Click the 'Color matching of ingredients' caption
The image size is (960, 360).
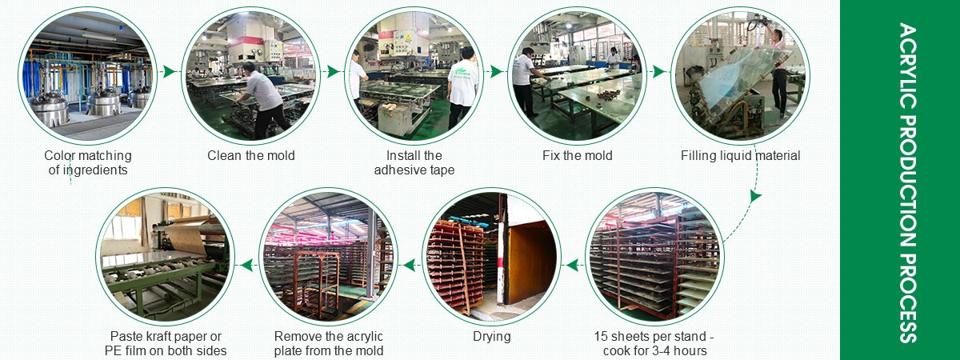pos(88,162)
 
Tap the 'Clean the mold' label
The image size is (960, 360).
pos(251,155)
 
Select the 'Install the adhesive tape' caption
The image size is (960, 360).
pos(414,162)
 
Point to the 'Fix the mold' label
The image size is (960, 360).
pos(577,155)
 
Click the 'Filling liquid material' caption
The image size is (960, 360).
pos(740,155)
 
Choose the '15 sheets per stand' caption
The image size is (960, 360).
pos(654,343)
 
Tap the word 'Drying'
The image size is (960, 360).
pos(491,337)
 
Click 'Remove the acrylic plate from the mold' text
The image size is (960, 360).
pos(329,343)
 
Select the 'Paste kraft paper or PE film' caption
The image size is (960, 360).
pos(166,343)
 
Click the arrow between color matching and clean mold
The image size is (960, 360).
pos(169,71)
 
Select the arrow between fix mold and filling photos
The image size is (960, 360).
pos(658,71)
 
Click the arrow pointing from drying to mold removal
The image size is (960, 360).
pos(409,263)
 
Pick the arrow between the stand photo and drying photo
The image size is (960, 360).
pos(573,263)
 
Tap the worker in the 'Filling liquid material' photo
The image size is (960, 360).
pos(778,68)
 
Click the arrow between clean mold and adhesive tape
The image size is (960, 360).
pos(333,71)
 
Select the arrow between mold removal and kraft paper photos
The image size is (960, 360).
pos(246,263)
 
